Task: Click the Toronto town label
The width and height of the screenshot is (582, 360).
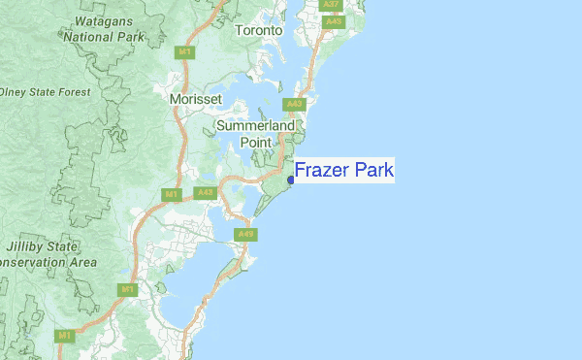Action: [x=258, y=30]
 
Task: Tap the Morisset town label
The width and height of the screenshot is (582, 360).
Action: [x=195, y=100]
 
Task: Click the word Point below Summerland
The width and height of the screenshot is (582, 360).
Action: [x=256, y=142]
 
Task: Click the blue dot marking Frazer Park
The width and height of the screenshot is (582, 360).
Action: [x=291, y=180]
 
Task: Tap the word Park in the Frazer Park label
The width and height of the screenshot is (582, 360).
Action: [x=372, y=171]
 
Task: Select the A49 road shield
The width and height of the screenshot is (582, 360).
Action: [x=245, y=234]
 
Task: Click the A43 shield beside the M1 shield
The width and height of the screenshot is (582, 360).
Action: [x=204, y=193]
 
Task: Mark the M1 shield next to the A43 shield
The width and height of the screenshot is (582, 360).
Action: [x=171, y=195]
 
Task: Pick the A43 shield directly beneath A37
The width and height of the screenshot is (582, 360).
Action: [x=334, y=20]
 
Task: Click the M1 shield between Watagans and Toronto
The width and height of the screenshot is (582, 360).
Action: [x=182, y=51]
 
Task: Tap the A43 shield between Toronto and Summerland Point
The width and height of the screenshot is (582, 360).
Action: [x=295, y=104]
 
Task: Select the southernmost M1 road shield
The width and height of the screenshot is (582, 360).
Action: [x=64, y=336]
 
